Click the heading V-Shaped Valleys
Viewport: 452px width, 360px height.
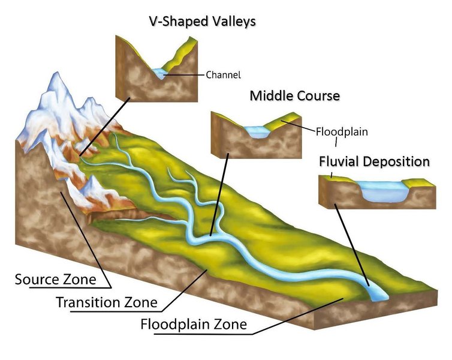click(202, 22)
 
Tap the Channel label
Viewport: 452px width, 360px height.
click(223, 75)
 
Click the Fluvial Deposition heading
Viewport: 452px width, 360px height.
click(374, 161)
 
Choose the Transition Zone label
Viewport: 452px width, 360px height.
click(107, 302)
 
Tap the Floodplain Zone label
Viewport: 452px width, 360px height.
click(193, 325)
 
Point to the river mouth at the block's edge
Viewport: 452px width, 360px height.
click(376, 293)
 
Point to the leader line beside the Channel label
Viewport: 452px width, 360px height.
click(185, 75)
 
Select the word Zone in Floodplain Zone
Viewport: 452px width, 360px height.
click(231, 325)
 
